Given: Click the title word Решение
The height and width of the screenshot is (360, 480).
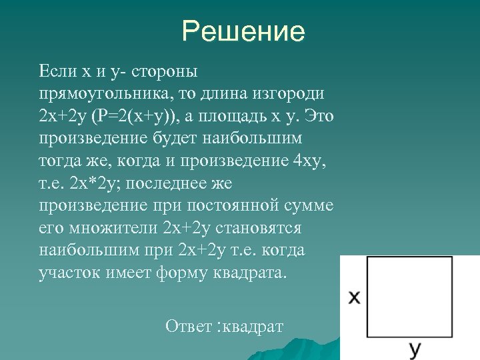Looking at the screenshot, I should [243, 31].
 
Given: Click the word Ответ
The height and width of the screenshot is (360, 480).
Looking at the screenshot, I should [189, 327].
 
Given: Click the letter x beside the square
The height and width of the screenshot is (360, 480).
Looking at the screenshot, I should [355, 297].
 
